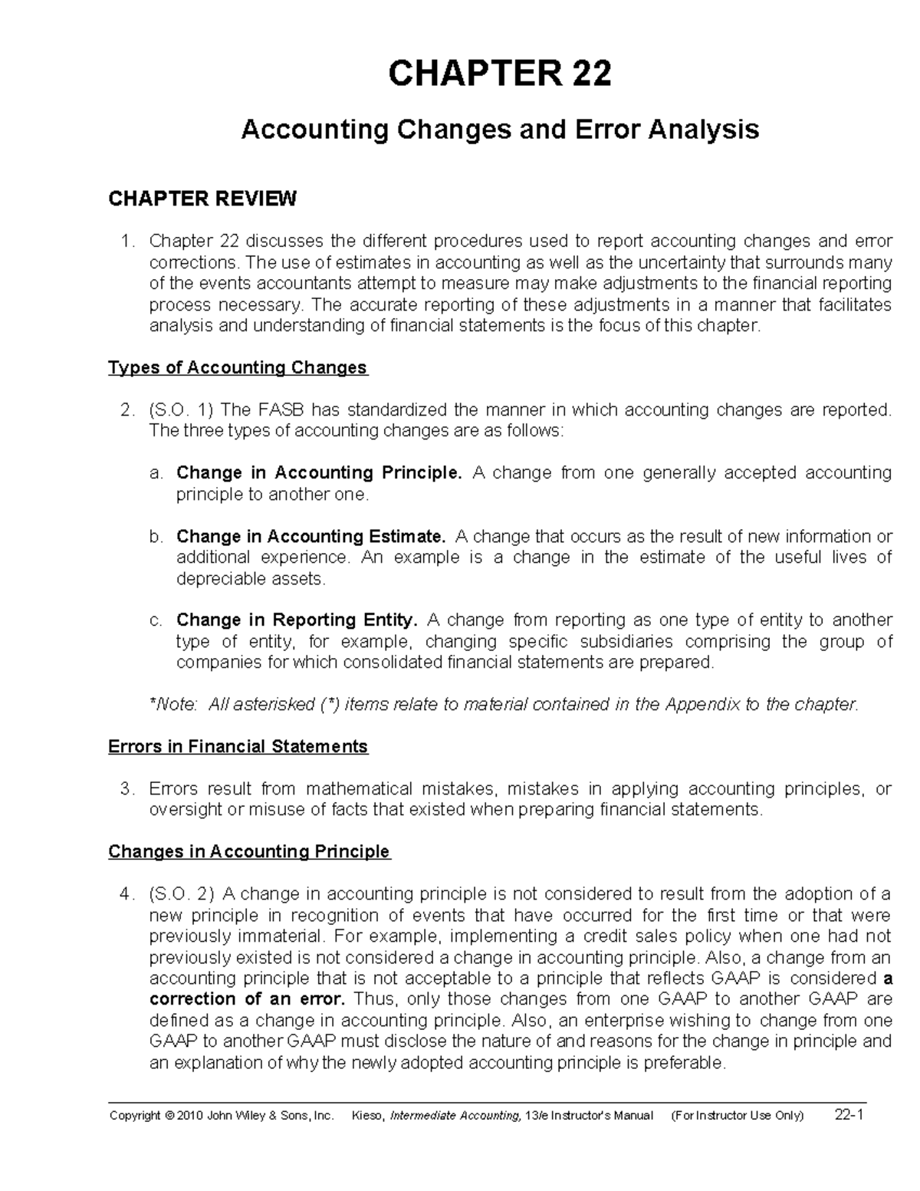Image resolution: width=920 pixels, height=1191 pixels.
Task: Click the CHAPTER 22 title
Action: (x=500, y=74)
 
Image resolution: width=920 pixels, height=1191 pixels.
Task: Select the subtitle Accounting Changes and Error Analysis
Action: (x=500, y=130)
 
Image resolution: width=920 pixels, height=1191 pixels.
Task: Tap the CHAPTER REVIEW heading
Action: (x=202, y=199)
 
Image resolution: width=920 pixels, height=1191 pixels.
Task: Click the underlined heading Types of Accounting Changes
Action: (x=238, y=368)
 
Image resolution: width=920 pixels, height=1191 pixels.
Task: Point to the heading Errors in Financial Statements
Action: (x=238, y=746)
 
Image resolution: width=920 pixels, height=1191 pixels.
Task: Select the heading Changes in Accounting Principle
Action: (x=249, y=851)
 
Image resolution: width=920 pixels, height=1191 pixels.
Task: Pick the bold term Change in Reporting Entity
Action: (x=297, y=620)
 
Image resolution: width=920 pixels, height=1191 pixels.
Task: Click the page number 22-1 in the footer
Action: (x=849, y=1115)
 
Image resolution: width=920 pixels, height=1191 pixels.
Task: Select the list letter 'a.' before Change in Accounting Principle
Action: (x=156, y=473)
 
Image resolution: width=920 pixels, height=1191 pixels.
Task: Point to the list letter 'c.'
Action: (x=156, y=620)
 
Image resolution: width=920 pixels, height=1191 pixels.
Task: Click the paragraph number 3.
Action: (x=127, y=788)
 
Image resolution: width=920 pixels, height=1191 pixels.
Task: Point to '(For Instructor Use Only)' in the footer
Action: (x=737, y=1116)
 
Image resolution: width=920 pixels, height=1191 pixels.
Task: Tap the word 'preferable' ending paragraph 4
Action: (x=686, y=1063)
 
